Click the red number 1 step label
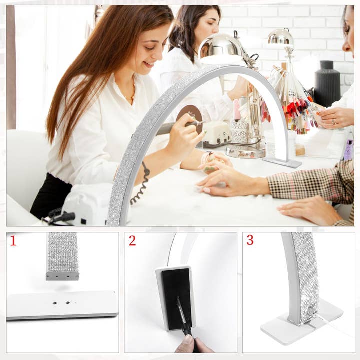tap(13, 241)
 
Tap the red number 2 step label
tap(132, 241)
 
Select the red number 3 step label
tap(250, 240)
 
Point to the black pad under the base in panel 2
tap(176, 297)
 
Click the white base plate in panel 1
tap(62, 304)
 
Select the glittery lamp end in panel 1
tap(62, 255)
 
